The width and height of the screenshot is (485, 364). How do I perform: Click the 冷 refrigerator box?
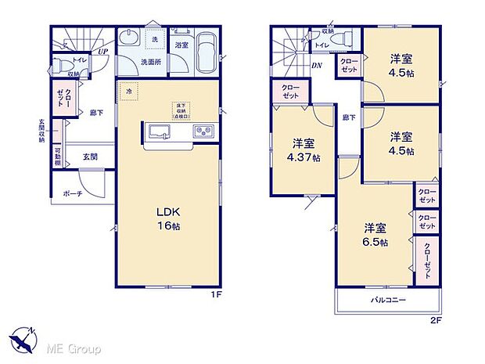click(128, 91)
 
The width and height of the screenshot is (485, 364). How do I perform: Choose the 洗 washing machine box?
click(154, 39)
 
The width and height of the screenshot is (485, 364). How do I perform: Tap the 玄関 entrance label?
click(91, 157)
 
